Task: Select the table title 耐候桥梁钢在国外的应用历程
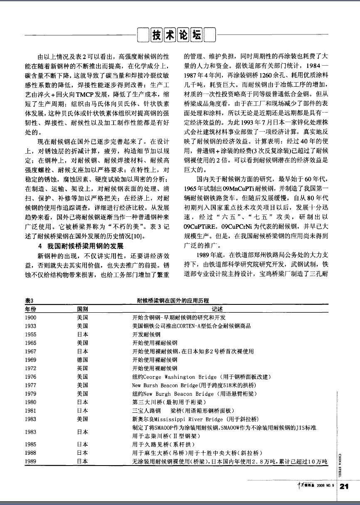(173, 300)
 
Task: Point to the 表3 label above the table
(29, 300)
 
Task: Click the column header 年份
(31, 309)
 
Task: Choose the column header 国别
(83, 309)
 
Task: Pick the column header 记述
(217, 309)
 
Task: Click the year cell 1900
(30, 317)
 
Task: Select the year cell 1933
(30, 326)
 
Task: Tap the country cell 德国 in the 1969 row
(83, 360)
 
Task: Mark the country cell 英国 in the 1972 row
(83, 368)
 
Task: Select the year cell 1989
(30, 461)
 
